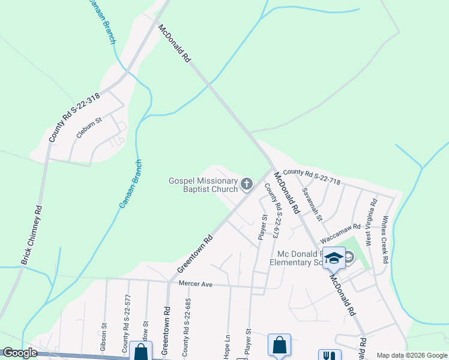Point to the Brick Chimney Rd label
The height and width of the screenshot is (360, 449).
click(x=31, y=235)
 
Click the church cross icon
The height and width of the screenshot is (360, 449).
click(x=247, y=184)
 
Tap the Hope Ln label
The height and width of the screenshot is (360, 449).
click(x=227, y=348)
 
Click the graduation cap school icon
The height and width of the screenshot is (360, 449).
click(x=334, y=258)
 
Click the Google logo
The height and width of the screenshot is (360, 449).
click(x=20, y=353)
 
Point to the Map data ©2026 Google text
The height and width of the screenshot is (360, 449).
click(x=411, y=355)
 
